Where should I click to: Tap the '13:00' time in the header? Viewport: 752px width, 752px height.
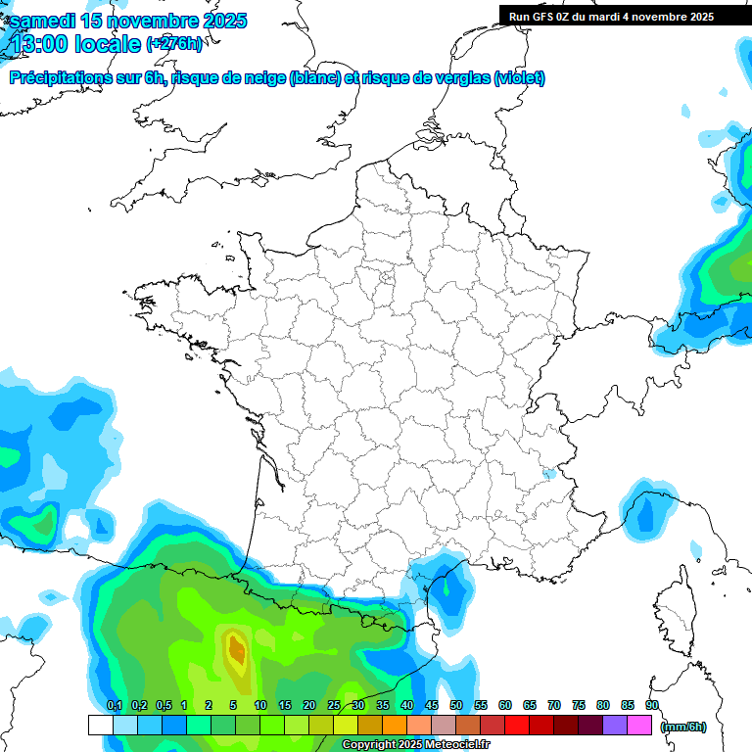click(x=43, y=44)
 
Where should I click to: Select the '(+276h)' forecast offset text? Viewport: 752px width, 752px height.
click(x=174, y=43)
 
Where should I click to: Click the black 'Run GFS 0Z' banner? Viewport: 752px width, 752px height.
click(x=626, y=16)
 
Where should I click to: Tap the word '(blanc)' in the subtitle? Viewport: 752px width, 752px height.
click(x=315, y=78)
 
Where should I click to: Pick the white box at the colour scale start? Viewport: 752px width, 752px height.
click(x=100, y=725)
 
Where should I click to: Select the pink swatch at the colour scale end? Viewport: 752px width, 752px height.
click(x=639, y=725)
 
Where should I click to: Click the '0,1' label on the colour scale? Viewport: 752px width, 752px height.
click(x=115, y=705)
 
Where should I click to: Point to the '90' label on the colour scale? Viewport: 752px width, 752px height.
click(x=651, y=705)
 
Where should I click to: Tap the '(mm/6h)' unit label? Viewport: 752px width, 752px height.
click(x=683, y=727)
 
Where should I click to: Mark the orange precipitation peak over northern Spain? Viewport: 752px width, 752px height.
click(x=236, y=648)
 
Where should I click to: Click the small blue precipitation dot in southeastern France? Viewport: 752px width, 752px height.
click(x=548, y=475)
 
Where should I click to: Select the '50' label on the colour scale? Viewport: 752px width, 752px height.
click(x=456, y=705)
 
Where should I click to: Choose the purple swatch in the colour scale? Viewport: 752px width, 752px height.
click(x=615, y=725)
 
